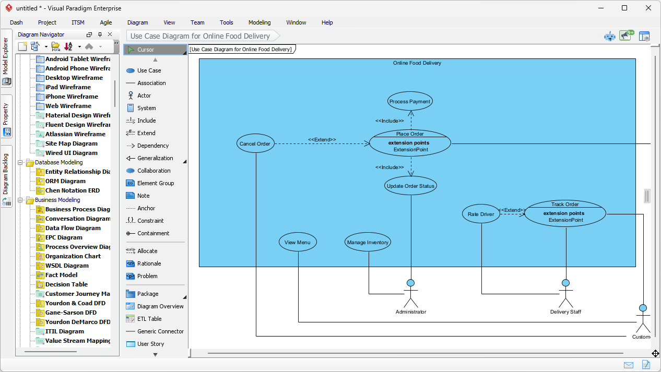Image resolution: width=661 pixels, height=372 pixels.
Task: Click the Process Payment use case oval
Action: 410,102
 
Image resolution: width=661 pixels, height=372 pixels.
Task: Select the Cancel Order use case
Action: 255,144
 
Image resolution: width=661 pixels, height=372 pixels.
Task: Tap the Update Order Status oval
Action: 410,186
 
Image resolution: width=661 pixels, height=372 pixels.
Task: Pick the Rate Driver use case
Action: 481,214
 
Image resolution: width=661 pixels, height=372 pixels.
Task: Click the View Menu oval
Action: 298,242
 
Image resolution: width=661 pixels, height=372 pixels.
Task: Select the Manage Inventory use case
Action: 368,242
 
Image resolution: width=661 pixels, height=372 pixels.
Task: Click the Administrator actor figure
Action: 410,294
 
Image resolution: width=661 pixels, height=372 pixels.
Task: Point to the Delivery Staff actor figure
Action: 565,294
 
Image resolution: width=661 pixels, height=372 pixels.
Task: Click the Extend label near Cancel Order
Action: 322,139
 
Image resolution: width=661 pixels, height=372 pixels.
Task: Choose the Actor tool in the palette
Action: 144,95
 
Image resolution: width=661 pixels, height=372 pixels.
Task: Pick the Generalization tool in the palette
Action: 155,158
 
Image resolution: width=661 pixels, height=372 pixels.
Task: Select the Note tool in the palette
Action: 143,196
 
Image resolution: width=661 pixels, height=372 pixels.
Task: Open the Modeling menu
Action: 259,22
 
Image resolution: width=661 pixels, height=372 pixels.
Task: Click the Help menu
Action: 327,22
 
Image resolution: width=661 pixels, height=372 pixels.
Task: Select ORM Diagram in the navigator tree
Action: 66,181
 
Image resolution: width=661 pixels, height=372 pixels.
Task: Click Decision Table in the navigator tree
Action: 66,284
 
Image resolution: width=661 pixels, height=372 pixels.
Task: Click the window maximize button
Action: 624,8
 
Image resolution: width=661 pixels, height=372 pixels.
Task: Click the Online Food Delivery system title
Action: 417,63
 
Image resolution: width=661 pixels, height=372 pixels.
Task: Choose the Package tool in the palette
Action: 148,294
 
